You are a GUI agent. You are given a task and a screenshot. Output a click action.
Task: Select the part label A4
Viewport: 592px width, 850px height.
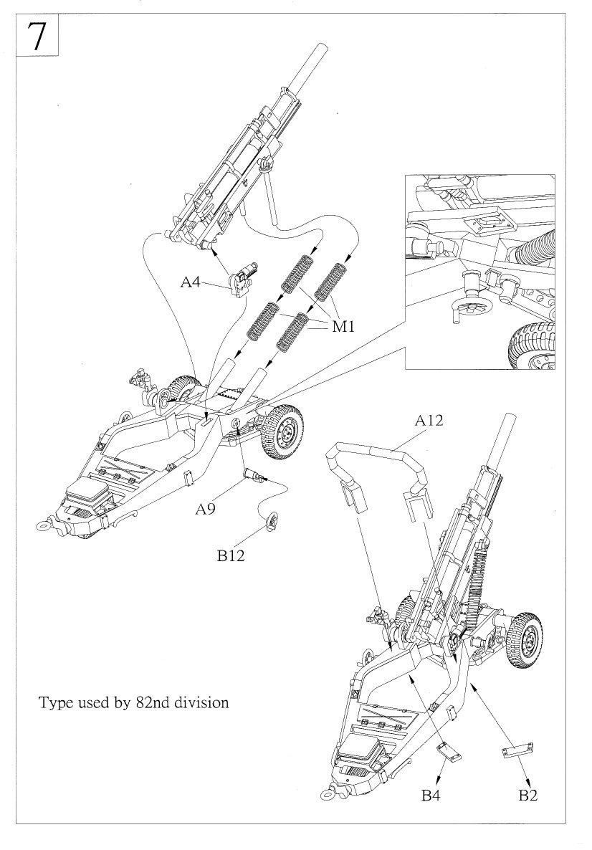190,282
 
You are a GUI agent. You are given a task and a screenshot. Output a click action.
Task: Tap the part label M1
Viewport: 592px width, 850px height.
343,328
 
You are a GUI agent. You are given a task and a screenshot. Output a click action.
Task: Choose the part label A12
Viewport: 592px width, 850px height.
429,421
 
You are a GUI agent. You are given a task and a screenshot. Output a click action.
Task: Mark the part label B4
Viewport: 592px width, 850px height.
431,795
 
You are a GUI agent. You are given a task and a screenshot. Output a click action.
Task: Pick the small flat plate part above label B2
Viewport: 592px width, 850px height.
518,751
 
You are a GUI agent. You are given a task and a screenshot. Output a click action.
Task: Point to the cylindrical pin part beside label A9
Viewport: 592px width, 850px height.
255,475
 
